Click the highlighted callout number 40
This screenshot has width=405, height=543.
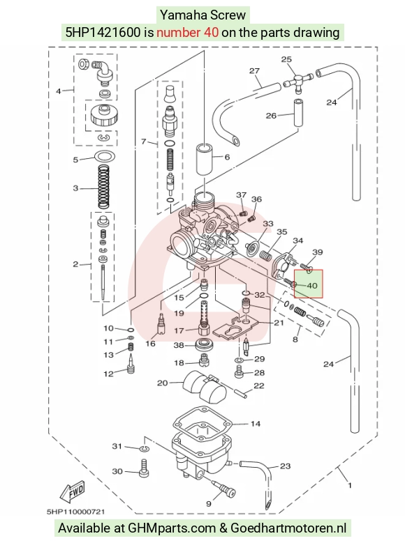tap(312, 286)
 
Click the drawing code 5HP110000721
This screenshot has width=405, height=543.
tap(75, 512)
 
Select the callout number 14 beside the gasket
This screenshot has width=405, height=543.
tap(256, 424)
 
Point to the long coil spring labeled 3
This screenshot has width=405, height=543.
tap(104, 187)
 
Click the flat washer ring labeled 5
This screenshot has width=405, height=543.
tap(104, 157)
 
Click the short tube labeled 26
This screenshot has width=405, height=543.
tap(298, 113)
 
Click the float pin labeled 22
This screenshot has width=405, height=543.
tap(242, 392)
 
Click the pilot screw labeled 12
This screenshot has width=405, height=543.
tap(131, 364)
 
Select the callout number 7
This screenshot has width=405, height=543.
tap(144, 142)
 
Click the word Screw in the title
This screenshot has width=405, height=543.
tap(230, 15)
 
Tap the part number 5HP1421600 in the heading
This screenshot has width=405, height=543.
tap(103, 33)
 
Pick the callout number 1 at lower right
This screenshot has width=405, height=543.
tap(350, 485)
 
